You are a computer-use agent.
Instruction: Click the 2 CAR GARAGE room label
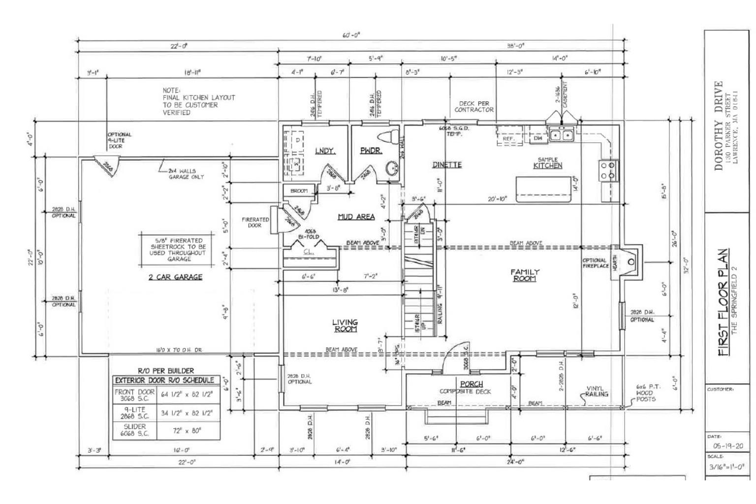(x=175, y=277)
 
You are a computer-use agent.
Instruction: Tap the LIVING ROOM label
(x=345, y=325)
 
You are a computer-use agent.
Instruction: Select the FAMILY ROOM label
(x=525, y=275)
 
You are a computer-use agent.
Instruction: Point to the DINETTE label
(x=447, y=165)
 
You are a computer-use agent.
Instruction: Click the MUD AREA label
(x=356, y=217)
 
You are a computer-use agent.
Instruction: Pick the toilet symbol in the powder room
(x=388, y=137)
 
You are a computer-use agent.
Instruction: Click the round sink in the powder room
(x=392, y=168)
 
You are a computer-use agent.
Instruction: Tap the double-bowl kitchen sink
(x=561, y=134)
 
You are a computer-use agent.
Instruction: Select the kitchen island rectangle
(x=543, y=189)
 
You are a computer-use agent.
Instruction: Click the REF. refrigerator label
(x=508, y=139)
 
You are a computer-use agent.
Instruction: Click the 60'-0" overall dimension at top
(x=351, y=35)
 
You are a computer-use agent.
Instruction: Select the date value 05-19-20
(x=727, y=446)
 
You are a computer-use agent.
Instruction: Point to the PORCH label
(x=471, y=384)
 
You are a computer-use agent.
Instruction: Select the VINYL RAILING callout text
(x=596, y=391)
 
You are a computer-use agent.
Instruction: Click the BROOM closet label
(x=299, y=190)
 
